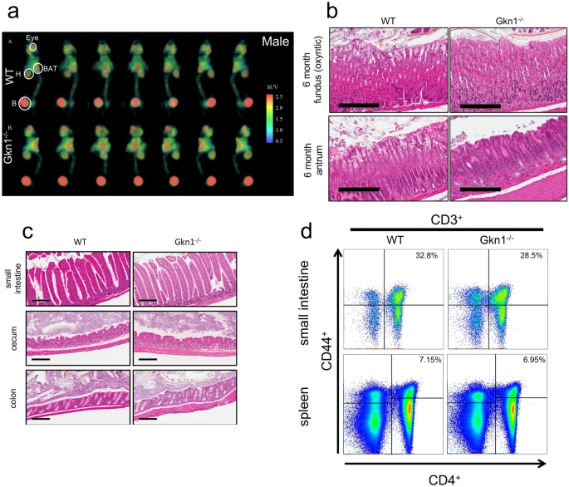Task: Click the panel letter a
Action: pyautogui.click(x=13, y=12)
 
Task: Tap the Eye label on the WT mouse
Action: pyautogui.click(x=32, y=37)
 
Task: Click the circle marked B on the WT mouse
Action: pyautogui.click(x=24, y=103)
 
